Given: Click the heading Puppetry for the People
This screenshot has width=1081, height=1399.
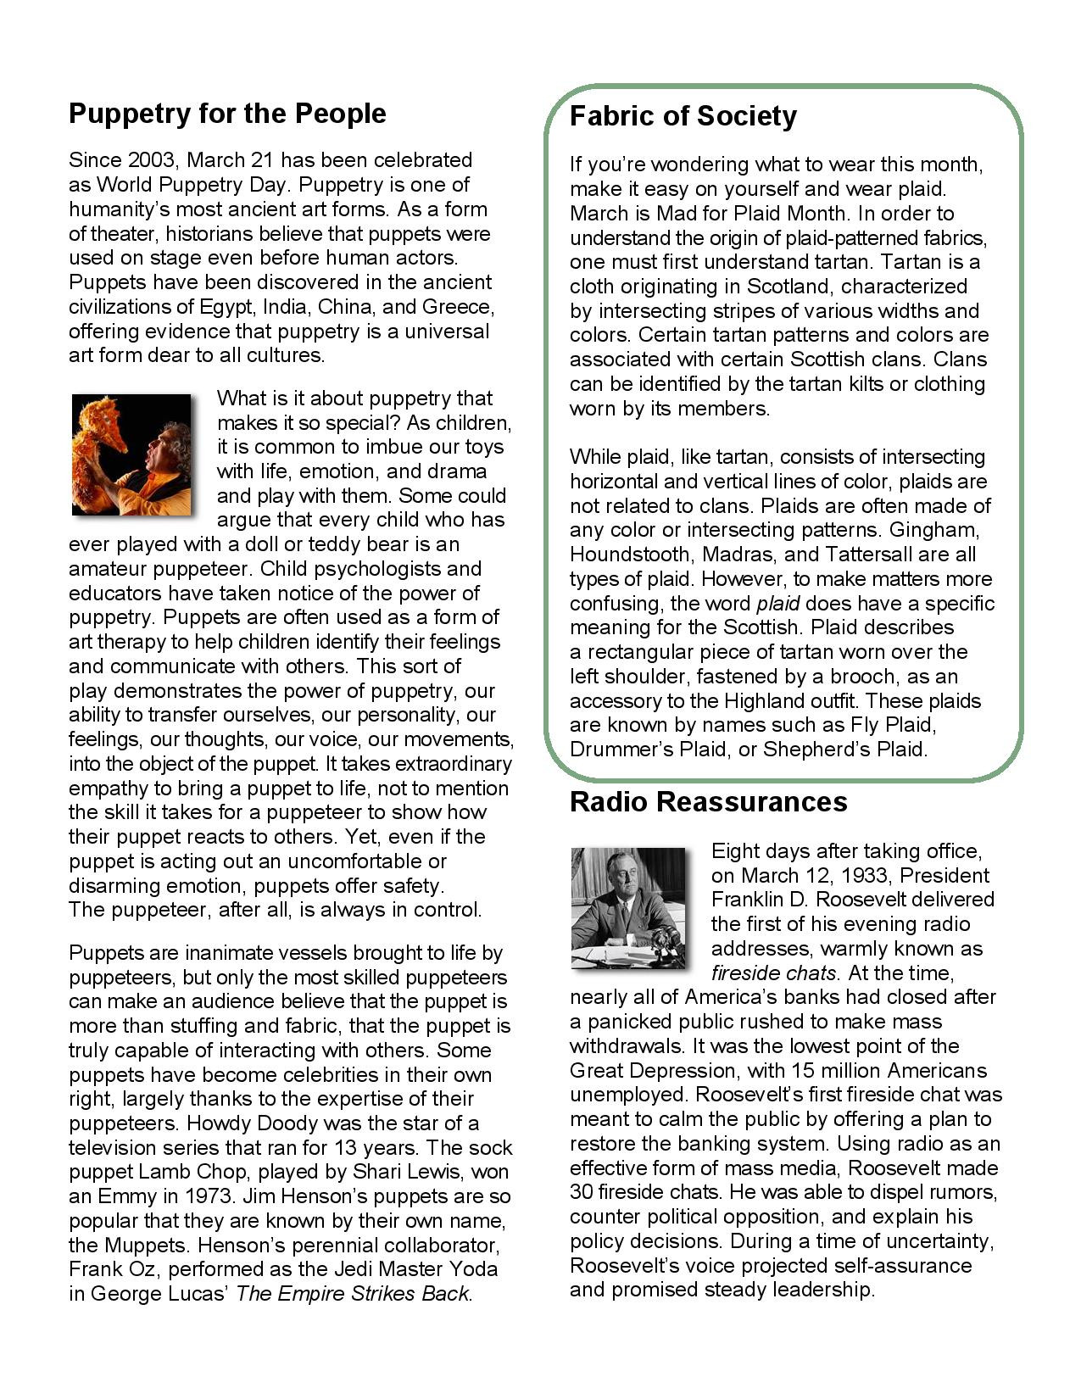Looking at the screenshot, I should pyautogui.click(x=227, y=114).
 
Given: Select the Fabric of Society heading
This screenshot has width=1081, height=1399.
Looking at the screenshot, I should pyautogui.click(x=683, y=116).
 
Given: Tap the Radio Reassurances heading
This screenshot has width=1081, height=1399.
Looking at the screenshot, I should pyautogui.click(x=708, y=802).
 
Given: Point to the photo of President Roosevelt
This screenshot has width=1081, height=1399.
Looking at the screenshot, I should pyautogui.click(x=627, y=908).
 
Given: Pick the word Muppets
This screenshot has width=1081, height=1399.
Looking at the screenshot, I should pyautogui.click(x=140, y=1246).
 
